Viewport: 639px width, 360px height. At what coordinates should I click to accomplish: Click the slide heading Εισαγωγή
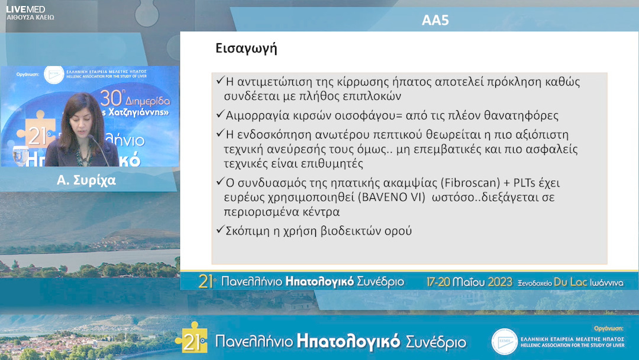pos(247,49)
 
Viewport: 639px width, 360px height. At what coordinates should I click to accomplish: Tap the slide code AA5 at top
pos(435,20)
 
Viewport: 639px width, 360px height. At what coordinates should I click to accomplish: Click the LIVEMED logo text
pos(25,8)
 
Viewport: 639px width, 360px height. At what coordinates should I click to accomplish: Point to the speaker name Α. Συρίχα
pos(86,181)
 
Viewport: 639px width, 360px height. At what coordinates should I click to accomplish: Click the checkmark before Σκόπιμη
pos(220,230)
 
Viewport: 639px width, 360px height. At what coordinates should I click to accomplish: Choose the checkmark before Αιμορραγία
pos(220,114)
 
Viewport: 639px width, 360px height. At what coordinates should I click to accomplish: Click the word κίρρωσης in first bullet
pos(345,82)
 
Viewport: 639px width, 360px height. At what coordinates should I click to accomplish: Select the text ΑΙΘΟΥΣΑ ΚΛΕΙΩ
pos(30,18)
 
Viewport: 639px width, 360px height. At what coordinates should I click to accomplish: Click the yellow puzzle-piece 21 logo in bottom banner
pos(192,339)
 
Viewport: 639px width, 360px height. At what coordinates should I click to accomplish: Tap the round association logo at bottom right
pos(504,342)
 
